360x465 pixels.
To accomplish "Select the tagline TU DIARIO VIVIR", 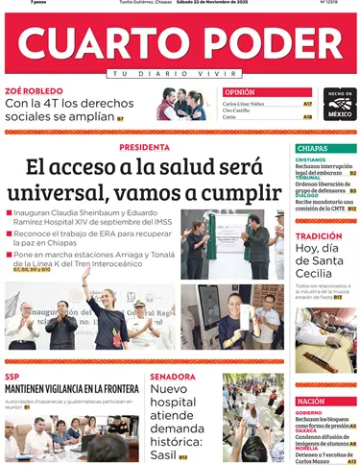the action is click(180, 74).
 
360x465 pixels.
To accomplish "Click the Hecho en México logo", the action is click(339, 105).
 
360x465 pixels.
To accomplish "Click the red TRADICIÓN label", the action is click(318, 235).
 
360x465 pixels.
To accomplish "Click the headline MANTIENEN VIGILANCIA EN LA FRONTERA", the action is click(71, 389).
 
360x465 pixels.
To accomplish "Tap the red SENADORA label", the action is click(173, 377).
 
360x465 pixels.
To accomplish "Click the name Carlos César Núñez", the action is click(245, 103).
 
